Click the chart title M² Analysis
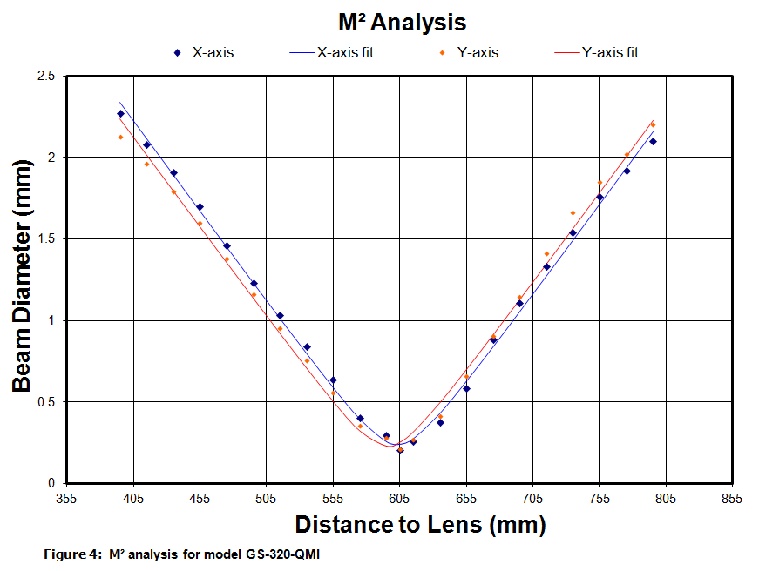pos(402,22)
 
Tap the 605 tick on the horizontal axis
pos(399,499)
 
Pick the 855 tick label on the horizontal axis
pos(732,499)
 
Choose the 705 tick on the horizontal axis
pos(532,499)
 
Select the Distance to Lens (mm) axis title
pos(420,525)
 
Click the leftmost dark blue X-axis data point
pos(120,114)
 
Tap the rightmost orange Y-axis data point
pos(653,124)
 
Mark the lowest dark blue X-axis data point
pos(400,451)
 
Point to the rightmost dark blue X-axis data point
pos(653,141)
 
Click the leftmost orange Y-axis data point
pos(120,137)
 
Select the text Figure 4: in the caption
pos(72,554)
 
